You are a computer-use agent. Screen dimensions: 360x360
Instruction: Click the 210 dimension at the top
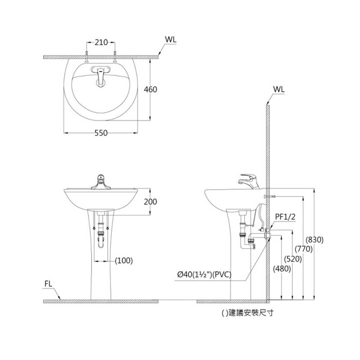tap(101, 42)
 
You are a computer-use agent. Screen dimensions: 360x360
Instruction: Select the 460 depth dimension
tap(150, 89)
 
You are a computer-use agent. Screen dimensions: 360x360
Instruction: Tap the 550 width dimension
tap(101, 133)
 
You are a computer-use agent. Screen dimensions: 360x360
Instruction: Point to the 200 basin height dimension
tap(150, 202)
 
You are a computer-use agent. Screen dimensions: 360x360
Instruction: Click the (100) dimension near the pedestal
tap(123, 260)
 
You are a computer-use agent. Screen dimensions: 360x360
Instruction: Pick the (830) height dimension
tap(315, 239)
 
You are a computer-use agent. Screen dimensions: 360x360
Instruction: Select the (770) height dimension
tap(303, 249)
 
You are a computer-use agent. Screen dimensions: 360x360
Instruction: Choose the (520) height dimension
tap(293, 258)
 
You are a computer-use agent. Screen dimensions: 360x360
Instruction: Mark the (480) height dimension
tap(282, 269)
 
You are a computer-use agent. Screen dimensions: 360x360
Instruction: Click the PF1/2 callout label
tap(285, 217)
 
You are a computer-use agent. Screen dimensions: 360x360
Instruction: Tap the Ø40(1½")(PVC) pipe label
tap(204, 275)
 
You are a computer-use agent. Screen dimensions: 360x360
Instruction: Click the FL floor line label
tap(49, 283)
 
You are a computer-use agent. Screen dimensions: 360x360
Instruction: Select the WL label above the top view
tap(171, 40)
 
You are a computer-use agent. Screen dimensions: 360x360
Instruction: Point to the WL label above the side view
tap(279, 89)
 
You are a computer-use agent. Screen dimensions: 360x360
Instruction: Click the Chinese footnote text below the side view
tap(247, 313)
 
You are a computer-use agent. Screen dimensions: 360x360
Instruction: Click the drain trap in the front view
tap(101, 239)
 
